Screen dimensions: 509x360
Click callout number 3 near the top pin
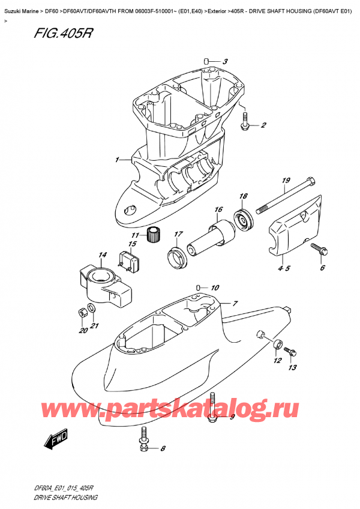(x=225, y=61)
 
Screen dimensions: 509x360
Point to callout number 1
(x=118, y=160)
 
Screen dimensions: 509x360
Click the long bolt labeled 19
(x=285, y=196)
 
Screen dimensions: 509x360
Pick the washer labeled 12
(x=278, y=345)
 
